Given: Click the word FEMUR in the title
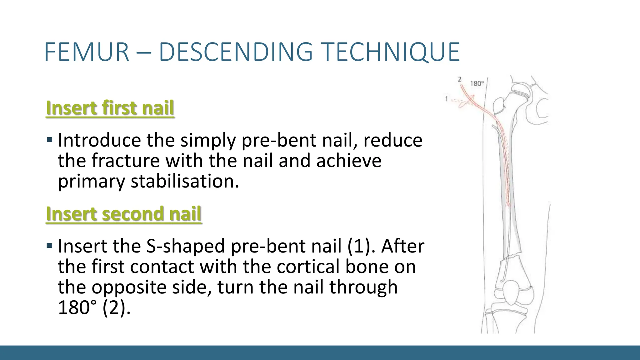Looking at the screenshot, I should [87, 52].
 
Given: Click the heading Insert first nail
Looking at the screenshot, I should [110, 108].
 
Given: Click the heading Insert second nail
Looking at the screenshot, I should [124, 214].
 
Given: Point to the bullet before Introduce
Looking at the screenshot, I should [49, 139].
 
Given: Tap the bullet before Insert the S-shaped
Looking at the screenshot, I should [49, 245].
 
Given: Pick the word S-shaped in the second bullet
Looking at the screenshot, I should [185, 246].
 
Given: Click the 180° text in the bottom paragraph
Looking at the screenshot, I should [78, 307].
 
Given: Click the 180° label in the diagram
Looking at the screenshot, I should [477, 83].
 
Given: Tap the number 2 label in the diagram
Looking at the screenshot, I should [459, 79].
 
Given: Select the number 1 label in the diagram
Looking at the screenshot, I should [447, 99].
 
